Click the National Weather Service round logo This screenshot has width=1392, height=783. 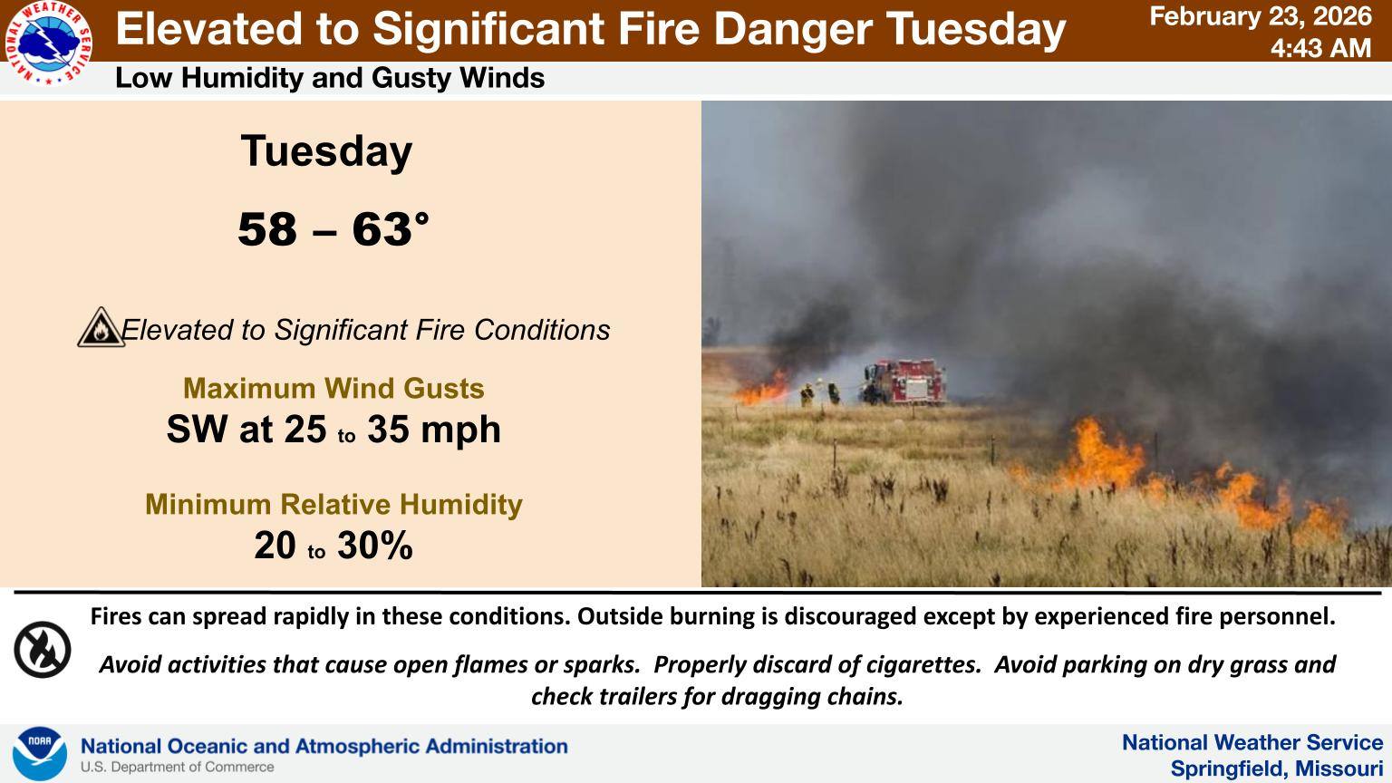point(48,43)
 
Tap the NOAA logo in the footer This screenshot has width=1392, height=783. point(40,754)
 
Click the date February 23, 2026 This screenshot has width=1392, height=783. point(1261,17)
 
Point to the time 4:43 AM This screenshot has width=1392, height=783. point(1320,48)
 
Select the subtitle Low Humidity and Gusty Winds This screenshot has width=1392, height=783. point(330,78)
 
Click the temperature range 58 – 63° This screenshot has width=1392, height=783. point(333,229)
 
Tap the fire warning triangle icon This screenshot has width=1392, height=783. point(101,327)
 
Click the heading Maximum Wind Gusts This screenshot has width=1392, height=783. point(333,389)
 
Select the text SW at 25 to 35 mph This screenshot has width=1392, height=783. point(333,429)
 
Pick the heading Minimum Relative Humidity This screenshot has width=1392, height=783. point(333,504)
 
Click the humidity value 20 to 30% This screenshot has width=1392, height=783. point(333,545)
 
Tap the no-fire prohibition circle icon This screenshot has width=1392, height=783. point(43,650)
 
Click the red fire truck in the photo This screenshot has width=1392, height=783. point(904,382)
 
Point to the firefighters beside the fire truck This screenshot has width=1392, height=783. point(819,393)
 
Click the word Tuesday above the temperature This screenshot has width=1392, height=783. point(326,151)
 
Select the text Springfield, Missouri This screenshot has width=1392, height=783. point(1276,768)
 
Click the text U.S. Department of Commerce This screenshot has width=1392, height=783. point(177,768)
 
